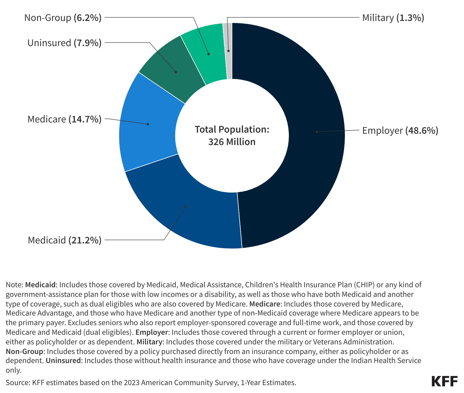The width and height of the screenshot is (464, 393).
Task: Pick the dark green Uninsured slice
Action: pos(170,68)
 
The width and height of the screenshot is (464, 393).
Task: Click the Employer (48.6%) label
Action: pos(400,131)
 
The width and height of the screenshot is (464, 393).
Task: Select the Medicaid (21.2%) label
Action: pos(65,240)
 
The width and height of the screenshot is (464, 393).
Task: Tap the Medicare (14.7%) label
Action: pos(64,119)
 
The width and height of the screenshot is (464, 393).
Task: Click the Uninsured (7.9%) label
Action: pos(64,43)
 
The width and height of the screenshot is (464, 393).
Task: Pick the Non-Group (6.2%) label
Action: pos(63,18)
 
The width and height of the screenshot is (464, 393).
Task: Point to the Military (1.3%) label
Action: pos(393,18)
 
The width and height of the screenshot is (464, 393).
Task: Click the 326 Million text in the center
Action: pos(232,142)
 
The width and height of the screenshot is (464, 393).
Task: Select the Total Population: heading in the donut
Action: pos(232,129)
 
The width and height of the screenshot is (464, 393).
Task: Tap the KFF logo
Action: pos(444,381)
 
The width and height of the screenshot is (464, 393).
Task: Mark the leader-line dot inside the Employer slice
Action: pos(317,132)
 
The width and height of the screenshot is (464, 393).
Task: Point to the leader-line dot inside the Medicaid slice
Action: pos(186,207)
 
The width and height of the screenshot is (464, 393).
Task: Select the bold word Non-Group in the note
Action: pos(25,352)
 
